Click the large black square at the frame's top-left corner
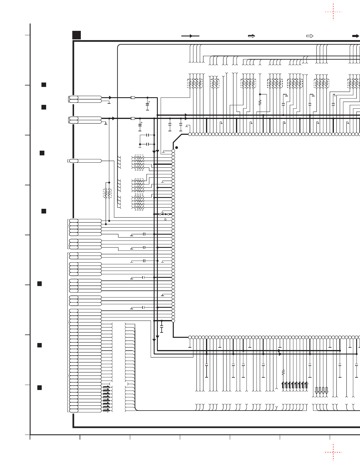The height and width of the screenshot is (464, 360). (76, 35)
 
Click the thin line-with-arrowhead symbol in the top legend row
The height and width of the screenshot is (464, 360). (190, 36)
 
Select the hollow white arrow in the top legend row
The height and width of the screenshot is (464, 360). (310, 36)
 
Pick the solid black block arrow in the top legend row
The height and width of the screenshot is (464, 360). (356, 36)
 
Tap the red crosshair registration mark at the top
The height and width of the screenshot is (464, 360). (333, 12)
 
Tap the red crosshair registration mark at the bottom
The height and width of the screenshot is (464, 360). (333, 452)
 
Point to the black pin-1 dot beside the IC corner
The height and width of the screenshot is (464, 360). (177, 147)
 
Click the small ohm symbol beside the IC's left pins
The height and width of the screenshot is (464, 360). (165, 219)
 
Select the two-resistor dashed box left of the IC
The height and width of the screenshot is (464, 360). (108, 193)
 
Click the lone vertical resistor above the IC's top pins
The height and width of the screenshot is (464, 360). (260, 102)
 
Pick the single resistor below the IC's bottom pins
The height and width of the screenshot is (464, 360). (283, 372)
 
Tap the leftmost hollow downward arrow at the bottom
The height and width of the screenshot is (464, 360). (317, 391)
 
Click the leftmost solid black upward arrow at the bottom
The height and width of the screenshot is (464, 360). (283, 385)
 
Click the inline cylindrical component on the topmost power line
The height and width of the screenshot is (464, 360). (133, 97)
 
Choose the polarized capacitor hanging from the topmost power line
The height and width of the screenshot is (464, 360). (148, 104)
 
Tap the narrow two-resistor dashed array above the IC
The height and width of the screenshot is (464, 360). (215, 83)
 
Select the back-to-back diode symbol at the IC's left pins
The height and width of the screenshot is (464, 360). (164, 214)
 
